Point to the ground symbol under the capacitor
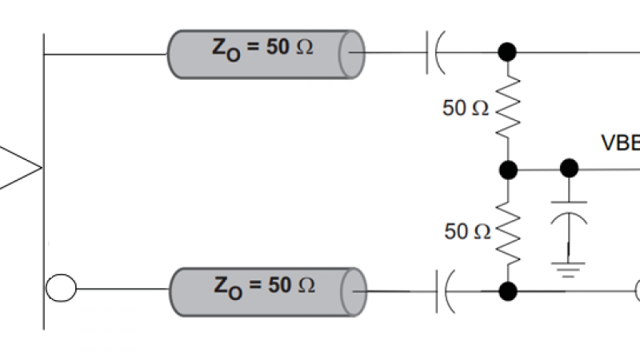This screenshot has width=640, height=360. (569, 267)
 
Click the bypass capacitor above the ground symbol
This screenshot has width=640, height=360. (569, 210)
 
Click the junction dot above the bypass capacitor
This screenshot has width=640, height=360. (569, 168)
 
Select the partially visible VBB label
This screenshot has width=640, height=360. (620, 143)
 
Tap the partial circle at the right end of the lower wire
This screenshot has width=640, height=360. (636, 290)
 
